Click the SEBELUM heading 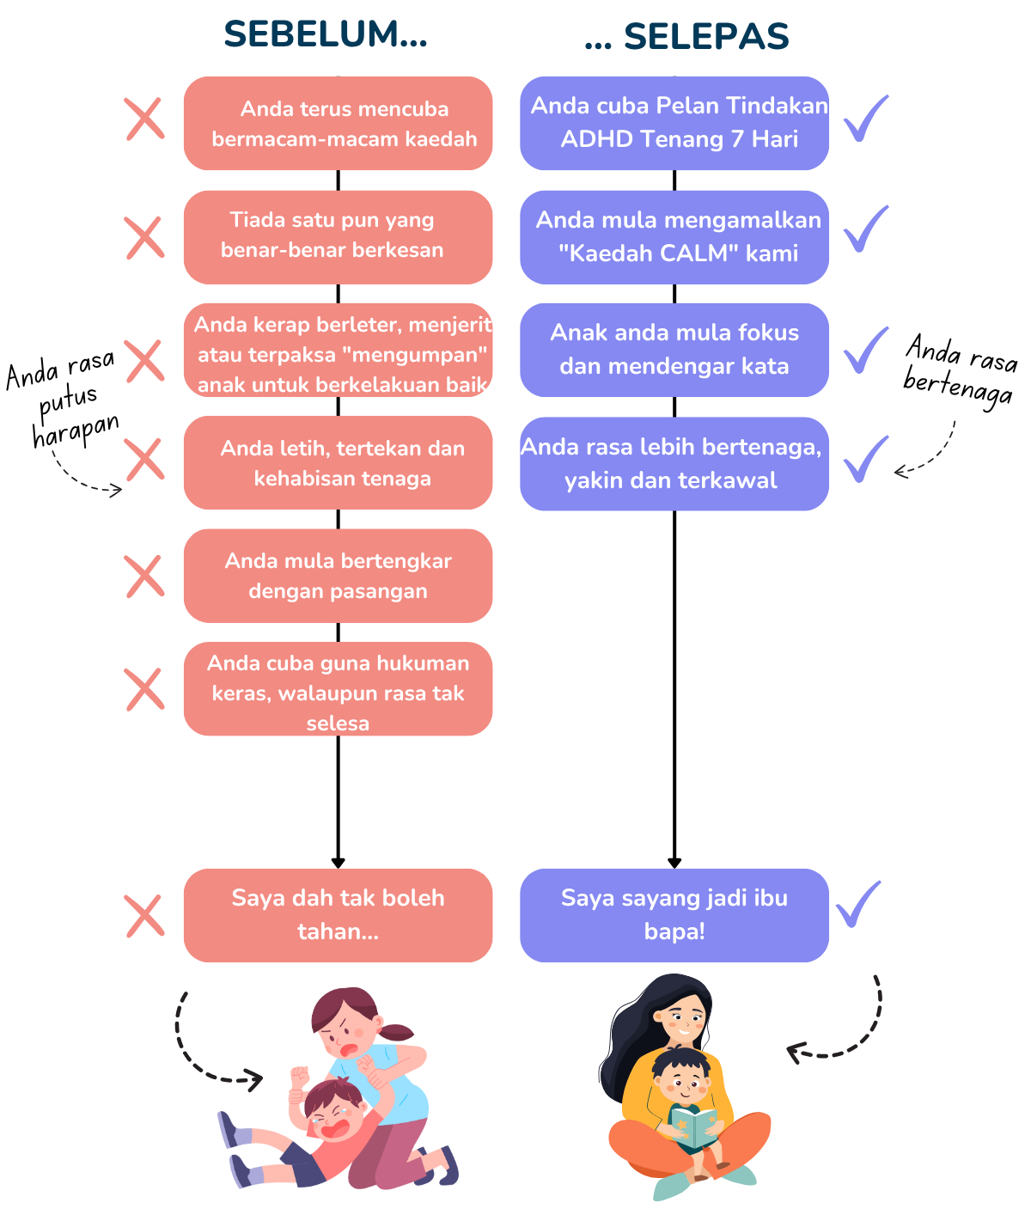(325, 34)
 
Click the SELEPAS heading (687, 36)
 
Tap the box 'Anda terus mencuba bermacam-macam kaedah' (338, 124)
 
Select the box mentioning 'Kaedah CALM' (674, 237)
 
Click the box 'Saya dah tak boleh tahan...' (338, 915)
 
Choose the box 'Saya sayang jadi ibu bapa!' (674, 915)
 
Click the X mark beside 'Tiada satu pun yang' (144, 237)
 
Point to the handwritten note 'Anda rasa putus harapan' (62, 398)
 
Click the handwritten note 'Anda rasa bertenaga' (961, 370)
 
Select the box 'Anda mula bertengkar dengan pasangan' (338, 576)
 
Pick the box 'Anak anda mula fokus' (674, 350)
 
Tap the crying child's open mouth (335, 1127)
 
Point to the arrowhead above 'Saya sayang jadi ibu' (674, 863)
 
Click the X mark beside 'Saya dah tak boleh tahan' (144, 916)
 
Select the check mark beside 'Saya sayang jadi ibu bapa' (858, 904)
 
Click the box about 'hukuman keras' (338, 689)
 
